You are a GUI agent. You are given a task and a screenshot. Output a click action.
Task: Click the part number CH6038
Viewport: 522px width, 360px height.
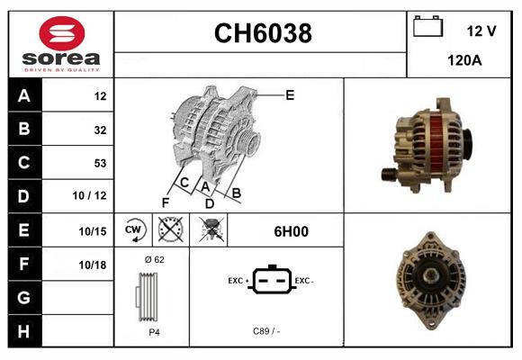pos(262,33)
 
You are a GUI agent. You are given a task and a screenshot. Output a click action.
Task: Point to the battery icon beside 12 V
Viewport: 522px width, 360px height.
pos(427,28)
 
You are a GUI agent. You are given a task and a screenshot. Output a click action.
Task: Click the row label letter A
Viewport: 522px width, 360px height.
pos(23,95)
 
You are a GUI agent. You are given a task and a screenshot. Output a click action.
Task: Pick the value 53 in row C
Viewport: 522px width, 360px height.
pos(99,163)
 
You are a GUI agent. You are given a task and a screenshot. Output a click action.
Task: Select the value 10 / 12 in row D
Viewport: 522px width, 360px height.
pos(93,195)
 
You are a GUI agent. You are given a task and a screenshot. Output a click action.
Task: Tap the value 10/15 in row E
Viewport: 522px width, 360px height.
pos(93,230)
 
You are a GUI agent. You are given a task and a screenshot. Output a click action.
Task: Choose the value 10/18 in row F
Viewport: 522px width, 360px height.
pos(93,264)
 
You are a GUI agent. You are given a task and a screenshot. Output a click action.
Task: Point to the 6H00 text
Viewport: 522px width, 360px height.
pos(291,230)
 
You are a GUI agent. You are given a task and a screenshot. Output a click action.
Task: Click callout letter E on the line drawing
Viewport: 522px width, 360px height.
pos(290,94)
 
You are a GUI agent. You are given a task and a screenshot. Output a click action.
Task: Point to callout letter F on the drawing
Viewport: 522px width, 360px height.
pos(166,202)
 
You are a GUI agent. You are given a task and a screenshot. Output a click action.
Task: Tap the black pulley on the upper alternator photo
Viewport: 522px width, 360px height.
pos(391,173)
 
